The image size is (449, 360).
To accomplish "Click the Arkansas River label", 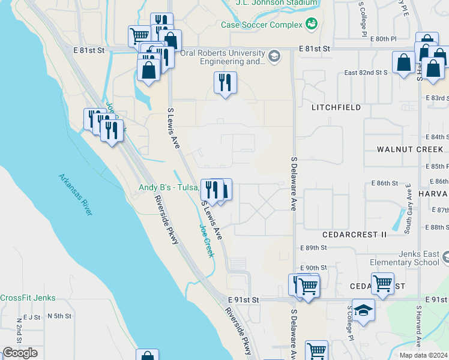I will (76, 194).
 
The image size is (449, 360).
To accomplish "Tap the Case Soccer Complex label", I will (262, 25).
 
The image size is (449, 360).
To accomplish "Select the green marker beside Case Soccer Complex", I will (312, 24).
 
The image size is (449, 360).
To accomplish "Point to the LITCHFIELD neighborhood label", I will (336, 107).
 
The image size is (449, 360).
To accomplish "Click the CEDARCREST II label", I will (354, 234).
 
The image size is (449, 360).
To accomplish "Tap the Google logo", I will (20, 353).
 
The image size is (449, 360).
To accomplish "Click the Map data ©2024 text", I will (423, 355).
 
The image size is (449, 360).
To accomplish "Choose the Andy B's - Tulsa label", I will (169, 187).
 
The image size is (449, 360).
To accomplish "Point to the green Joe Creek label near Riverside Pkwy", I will (206, 241).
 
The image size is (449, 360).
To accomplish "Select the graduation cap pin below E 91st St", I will (363, 310).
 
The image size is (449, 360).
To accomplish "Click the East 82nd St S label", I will (366, 73).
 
